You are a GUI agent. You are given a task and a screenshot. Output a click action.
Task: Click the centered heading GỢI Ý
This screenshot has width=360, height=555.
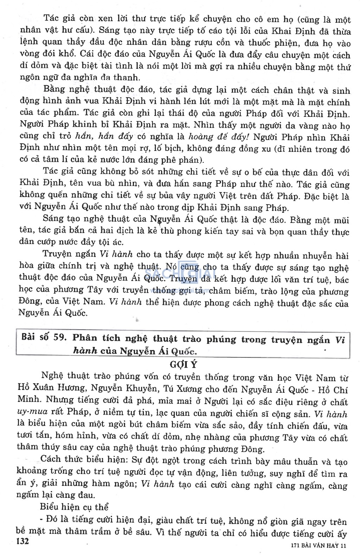184,364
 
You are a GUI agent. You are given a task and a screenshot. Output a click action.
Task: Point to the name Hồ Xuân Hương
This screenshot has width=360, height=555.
51,389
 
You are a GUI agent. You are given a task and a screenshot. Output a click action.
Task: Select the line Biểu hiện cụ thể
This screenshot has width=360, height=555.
74,507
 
